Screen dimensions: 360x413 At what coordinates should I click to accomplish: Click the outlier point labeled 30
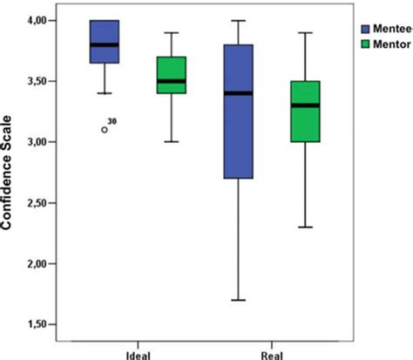(x=105, y=129)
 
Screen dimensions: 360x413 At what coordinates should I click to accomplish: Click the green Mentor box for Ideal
(x=171, y=69)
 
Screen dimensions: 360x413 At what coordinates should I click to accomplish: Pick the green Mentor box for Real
(x=304, y=111)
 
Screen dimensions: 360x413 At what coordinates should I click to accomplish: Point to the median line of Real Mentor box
(x=304, y=105)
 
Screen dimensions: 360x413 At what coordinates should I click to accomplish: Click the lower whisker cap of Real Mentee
(x=238, y=300)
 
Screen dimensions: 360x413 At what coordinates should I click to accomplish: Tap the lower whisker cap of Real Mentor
(x=304, y=228)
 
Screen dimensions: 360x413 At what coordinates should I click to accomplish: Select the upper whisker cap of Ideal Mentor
(x=171, y=32)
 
